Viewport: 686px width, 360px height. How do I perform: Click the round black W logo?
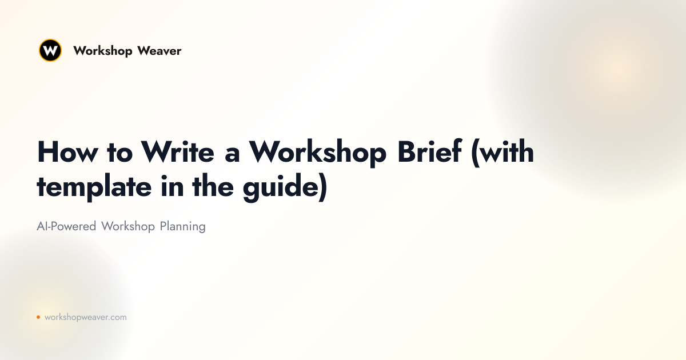point(50,50)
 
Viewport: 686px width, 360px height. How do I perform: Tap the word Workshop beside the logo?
point(103,51)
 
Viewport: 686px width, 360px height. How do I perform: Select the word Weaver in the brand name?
point(159,51)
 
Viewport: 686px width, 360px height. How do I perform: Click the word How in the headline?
point(67,152)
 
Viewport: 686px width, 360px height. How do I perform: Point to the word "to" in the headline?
point(119,153)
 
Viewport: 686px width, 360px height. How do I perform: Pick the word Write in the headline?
point(178,151)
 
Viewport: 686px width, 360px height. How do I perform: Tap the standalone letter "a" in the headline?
point(232,155)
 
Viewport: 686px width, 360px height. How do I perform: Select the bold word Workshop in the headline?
point(318,153)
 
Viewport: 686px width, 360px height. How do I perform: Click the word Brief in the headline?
point(429,151)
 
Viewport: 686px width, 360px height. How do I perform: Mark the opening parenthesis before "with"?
point(476,153)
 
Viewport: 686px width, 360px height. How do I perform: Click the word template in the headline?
point(94,187)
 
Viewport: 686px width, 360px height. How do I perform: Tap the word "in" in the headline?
point(172,186)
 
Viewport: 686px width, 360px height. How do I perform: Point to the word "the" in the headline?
point(213,186)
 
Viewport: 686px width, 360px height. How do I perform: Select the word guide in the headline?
point(281,187)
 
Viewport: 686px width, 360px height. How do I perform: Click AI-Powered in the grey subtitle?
point(66,227)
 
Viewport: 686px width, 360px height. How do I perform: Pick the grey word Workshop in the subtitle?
point(128,227)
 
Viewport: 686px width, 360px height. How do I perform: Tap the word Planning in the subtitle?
point(182,227)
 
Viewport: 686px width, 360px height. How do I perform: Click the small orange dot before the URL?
point(38,317)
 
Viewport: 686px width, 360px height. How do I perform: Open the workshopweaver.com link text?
point(85,318)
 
